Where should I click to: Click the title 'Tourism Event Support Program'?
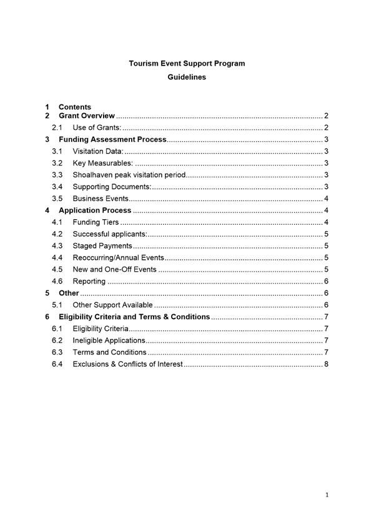pyautogui.click(x=187, y=63)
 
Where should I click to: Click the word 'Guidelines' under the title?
pyautogui.click(x=187, y=77)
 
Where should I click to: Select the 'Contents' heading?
pyautogui.click(x=75, y=107)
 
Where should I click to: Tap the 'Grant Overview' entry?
pyautogui.click(x=87, y=116)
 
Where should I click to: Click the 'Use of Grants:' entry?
pyautogui.click(x=97, y=128)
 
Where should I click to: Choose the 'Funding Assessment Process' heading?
pyautogui.click(x=112, y=140)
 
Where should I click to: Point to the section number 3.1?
pyautogui.click(x=57, y=152)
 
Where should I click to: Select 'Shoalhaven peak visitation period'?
pyautogui.click(x=129, y=176)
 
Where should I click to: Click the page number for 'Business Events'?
pyautogui.click(x=327, y=199)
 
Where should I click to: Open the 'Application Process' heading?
pyautogui.click(x=95, y=210)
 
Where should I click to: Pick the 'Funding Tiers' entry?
pyautogui.click(x=96, y=222)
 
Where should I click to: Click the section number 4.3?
pyautogui.click(x=57, y=246)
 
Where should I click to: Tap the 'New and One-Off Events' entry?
pyautogui.click(x=114, y=270)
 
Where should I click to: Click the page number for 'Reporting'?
pyautogui.click(x=327, y=282)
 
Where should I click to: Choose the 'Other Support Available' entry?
pyautogui.click(x=112, y=305)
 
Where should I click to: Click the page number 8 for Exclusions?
pyautogui.click(x=327, y=364)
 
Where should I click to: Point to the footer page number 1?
pyautogui.click(x=327, y=495)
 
